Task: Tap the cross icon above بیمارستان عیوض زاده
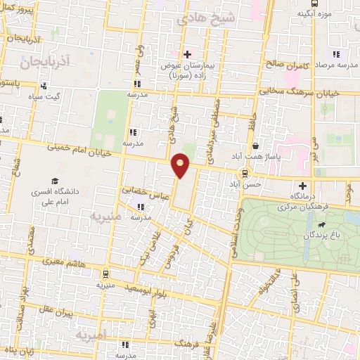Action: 187,54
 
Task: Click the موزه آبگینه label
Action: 314,13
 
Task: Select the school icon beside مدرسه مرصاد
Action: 337,53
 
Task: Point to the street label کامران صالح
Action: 287,64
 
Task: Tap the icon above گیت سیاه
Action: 44,86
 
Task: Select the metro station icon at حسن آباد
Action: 245,173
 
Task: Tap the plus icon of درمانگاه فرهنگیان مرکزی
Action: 302,186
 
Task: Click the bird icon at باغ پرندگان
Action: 321,225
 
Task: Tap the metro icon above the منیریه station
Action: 105,274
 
